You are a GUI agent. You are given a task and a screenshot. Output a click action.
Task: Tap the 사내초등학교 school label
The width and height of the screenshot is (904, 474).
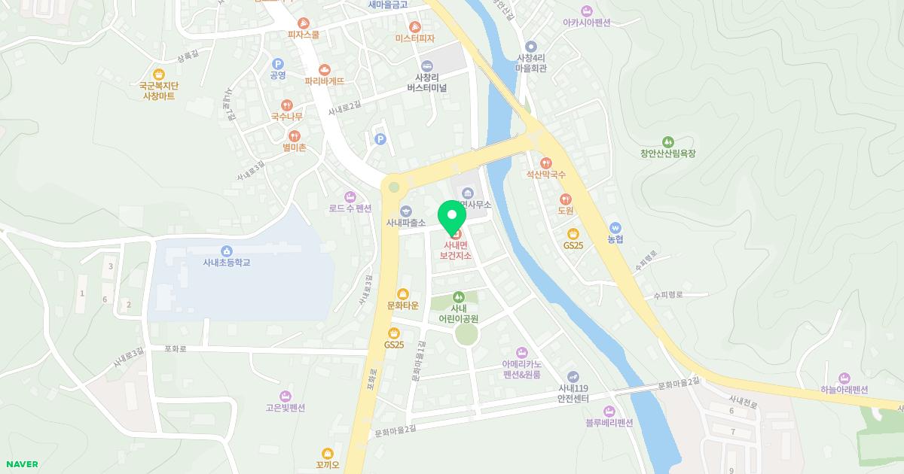coord(226,263)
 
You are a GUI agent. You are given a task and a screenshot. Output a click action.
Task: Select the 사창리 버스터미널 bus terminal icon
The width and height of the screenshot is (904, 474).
coord(427,65)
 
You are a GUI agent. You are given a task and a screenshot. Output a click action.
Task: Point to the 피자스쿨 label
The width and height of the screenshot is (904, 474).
coord(304,35)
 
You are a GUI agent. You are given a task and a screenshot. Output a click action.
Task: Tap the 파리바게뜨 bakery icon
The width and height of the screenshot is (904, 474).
coord(325,69)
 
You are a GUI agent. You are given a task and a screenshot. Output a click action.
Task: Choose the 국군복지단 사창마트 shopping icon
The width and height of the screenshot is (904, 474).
coord(158,74)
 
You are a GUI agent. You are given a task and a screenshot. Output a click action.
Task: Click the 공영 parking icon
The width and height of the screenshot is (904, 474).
coord(277,64)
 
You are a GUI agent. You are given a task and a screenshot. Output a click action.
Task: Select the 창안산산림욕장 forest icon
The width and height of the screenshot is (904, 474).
coord(667,141)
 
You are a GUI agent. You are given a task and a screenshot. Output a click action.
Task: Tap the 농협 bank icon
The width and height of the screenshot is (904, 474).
coord(616,227)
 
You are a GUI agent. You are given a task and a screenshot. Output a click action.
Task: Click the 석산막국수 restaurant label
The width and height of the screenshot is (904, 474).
coord(546,175)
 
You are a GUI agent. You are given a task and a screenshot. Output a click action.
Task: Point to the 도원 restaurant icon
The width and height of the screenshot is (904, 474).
coord(566,199)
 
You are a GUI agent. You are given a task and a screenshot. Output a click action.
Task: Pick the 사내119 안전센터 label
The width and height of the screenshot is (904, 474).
coord(573,393)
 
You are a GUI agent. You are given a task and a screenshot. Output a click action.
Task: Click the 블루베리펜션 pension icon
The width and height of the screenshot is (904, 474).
coord(609,411)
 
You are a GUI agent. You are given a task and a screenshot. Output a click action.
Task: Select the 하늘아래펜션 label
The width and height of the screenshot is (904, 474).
coord(844,390)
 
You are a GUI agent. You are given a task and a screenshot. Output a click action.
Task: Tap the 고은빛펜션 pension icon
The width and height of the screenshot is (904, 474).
coord(285,396)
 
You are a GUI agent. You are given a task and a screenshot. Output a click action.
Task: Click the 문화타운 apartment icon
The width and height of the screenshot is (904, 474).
coord(403,293)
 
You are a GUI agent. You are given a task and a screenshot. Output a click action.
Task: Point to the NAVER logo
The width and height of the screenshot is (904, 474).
coord(21,464)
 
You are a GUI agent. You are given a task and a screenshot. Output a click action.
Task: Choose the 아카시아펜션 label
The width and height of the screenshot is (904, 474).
coord(586,23)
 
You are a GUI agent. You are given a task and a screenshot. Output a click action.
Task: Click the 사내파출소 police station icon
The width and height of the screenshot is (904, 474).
coord(406,211)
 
